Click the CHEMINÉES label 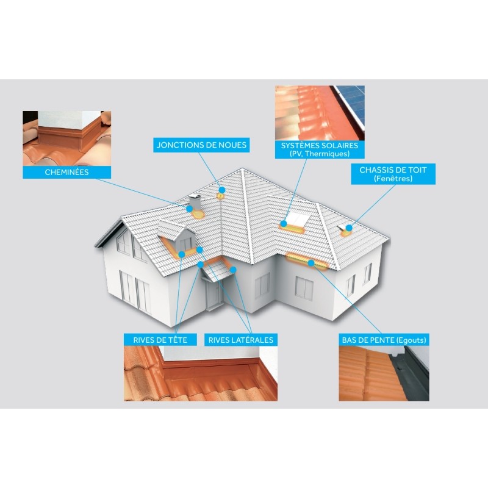point(66,172)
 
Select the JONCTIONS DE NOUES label point(201,145)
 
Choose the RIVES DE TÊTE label point(160,340)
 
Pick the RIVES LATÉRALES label point(241,340)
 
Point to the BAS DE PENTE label point(384,340)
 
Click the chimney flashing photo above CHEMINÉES point(67,138)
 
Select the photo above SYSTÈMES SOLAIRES point(320,113)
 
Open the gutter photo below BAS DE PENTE point(384,373)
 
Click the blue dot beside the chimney point(190,209)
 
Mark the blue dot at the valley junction point(221,190)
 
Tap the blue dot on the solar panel point(283,223)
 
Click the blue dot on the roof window point(349,228)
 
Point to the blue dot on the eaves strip point(311,263)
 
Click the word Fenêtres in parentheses point(393,179)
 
